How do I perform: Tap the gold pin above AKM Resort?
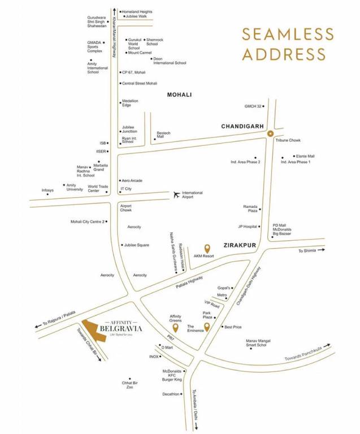pos(207,248)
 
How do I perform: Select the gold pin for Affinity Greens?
pos(175,327)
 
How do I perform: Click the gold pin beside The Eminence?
pos(207,327)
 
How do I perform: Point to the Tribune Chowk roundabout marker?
pos(270,134)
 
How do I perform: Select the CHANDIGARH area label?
pos(243,127)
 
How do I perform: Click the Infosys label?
pos(48,190)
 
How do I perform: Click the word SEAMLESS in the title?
pos(284,33)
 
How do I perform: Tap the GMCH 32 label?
pos(253,106)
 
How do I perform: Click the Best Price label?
pos(233,327)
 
